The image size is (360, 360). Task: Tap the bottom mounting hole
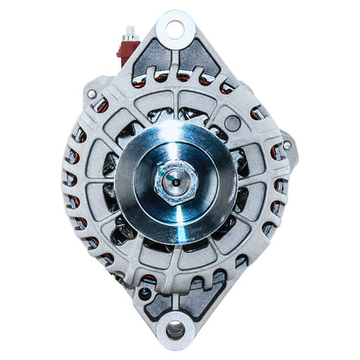pos(176,330)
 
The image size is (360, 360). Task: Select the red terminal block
pos(127,52)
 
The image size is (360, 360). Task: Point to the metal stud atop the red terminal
pos(130,33)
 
